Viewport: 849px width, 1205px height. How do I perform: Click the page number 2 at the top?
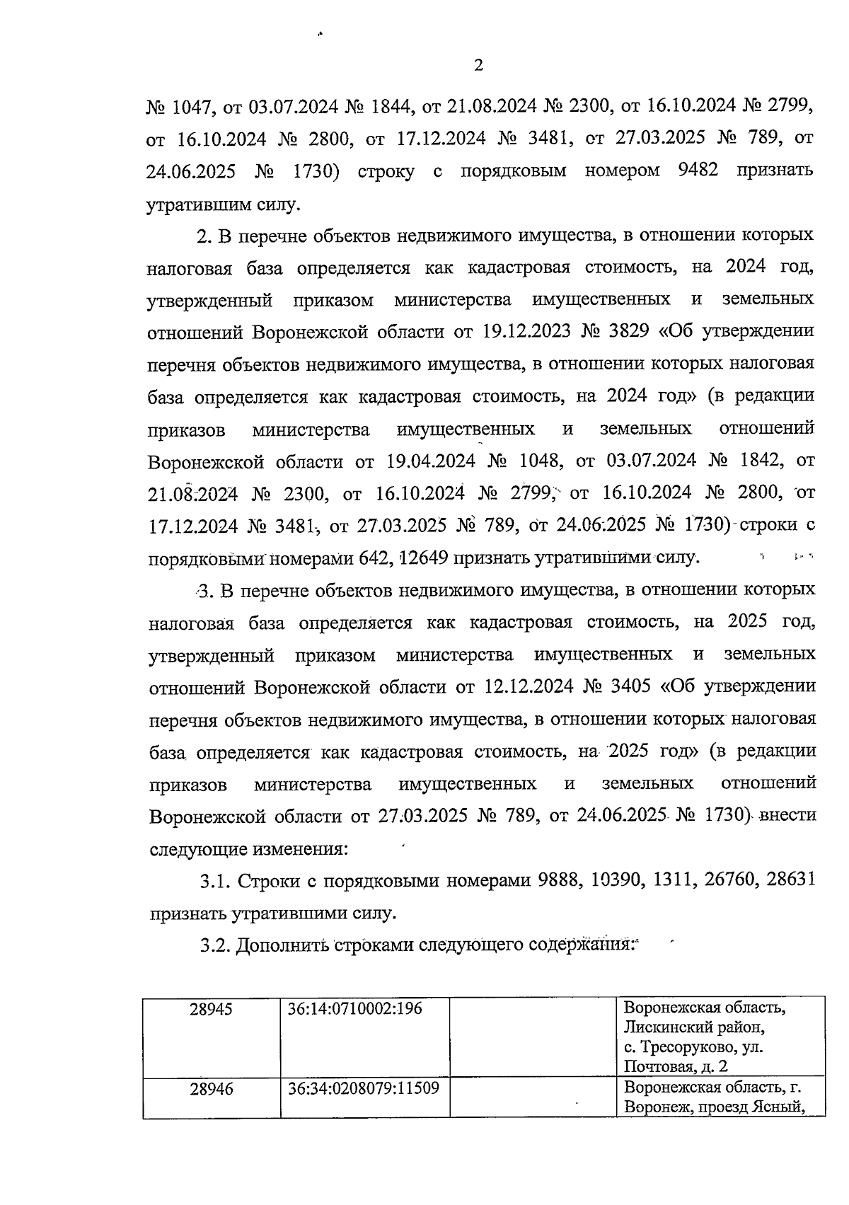tap(478, 67)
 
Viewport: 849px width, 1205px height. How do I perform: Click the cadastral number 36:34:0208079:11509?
tap(364, 1089)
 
